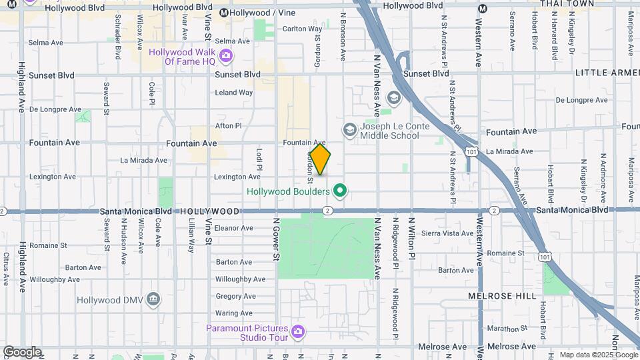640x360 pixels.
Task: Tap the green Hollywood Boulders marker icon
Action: tap(339, 192)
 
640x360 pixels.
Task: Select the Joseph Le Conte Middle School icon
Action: tap(349, 129)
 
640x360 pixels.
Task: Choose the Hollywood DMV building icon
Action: tap(154, 297)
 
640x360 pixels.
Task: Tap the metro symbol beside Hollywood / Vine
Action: tap(224, 13)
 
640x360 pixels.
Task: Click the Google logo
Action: tap(22, 351)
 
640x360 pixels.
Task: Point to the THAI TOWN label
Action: tap(567, 4)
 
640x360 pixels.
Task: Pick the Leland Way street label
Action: tap(234, 93)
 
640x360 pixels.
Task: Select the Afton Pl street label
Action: tap(228, 125)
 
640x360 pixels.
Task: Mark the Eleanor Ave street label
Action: tap(233, 228)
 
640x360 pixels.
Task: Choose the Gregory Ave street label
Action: tap(235, 297)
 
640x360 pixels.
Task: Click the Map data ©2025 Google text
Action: tap(597, 355)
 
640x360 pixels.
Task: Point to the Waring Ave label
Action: tap(234, 313)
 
